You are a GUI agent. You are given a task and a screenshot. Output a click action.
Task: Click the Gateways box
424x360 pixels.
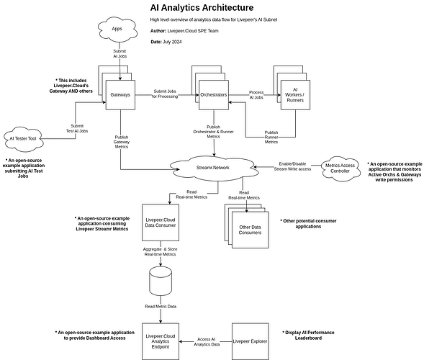pyautogui.click(x=121, y=94)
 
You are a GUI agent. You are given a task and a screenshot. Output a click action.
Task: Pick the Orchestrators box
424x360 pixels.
pyautogui.click(x=214, y=94)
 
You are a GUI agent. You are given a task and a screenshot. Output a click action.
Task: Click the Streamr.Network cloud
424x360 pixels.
pyautogui.click(x=215, y=167)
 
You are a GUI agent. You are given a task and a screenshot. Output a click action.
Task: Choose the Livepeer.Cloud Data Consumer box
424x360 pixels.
pyautogui.click(x=161, y=222)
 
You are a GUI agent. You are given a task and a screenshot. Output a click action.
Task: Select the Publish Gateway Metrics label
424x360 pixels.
pyautogui.click(x=121, y=142)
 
